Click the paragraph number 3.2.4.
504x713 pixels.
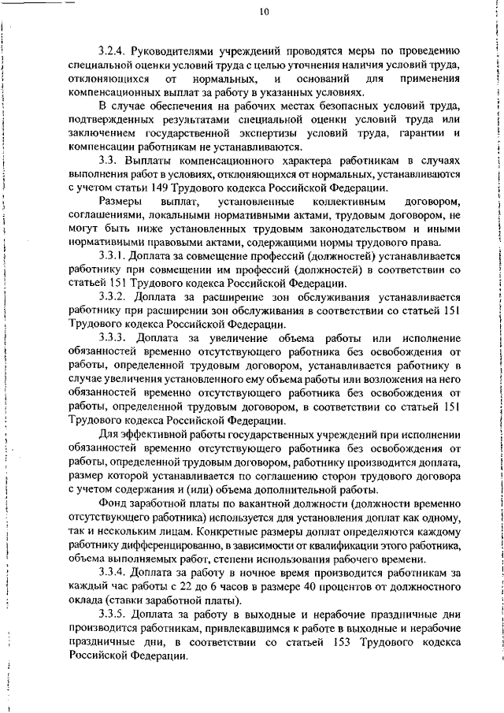click(116, 52)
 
